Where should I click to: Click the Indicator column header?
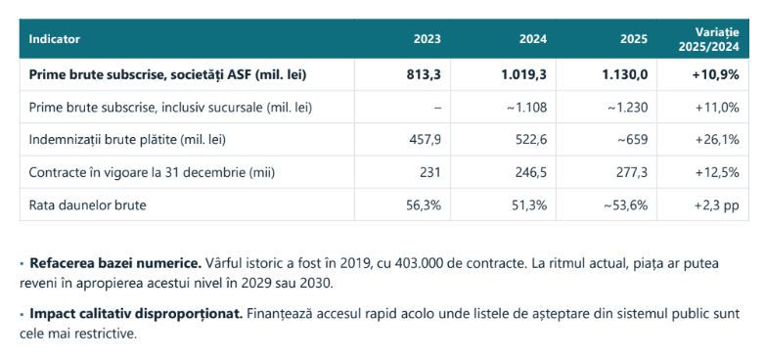54,39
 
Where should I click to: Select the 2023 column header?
427,39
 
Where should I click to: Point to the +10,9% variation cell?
717,74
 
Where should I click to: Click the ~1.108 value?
528,108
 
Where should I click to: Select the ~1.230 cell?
628,108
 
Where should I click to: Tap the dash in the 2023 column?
437,108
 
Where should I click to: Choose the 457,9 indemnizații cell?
426,140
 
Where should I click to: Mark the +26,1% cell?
717,140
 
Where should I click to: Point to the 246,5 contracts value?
531,173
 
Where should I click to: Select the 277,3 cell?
633,173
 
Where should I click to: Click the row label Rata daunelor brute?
87,205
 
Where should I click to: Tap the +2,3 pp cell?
717,205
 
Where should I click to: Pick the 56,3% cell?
424,205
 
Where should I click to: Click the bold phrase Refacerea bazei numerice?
115,264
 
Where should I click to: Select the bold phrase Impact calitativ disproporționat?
136,314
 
